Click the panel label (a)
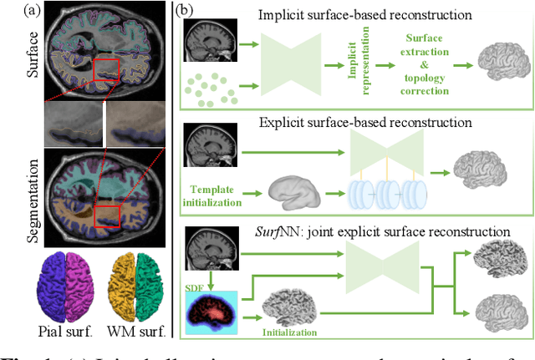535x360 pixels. pyautogui.click(x=13, y=12)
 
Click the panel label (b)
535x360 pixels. pyautogui.click(x=183, y=12)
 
